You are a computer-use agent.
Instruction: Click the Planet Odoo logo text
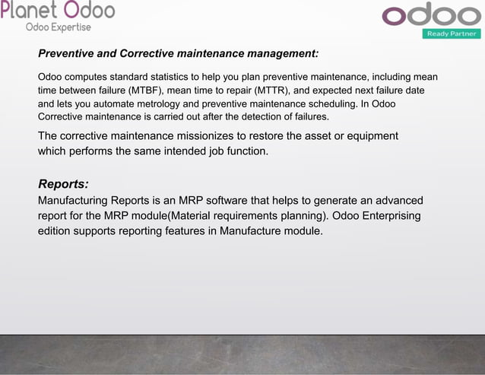58,11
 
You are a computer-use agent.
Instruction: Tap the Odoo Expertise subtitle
59,27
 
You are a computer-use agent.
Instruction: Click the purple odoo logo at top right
430,16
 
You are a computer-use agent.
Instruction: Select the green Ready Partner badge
452,33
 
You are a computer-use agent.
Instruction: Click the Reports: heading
63,184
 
